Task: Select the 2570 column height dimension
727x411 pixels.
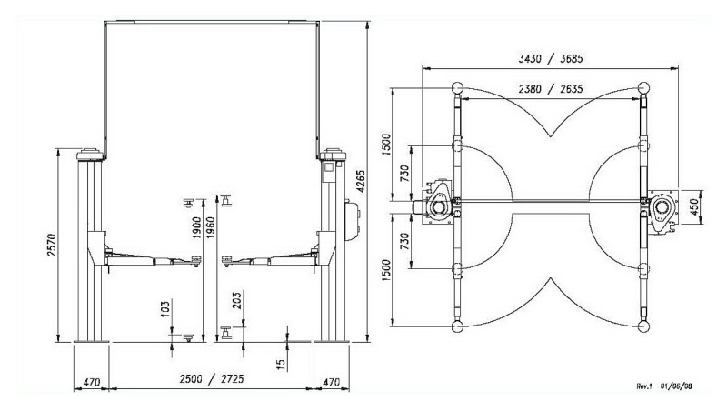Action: click(51, 246)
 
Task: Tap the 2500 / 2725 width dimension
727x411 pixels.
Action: click(212, 379)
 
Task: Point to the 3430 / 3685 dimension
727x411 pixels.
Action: click(551, 59)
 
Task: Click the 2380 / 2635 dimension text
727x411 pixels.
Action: click(551, 88)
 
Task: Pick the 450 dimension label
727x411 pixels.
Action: click(694, 206)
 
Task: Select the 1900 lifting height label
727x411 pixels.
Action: click(196, 227)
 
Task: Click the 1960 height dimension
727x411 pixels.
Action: click(210, 227)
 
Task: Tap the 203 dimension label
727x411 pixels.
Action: click(236, 300)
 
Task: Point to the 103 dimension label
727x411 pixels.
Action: click(164, 308)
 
